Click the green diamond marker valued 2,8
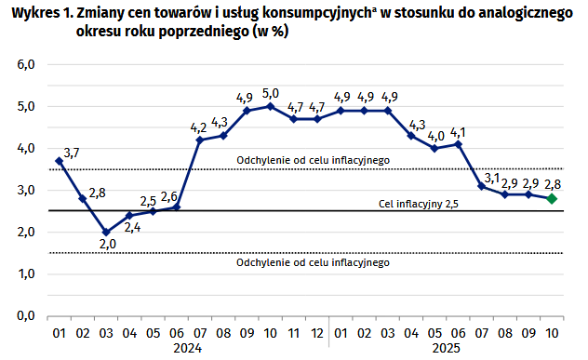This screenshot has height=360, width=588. tap(552, 198)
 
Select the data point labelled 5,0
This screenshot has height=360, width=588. tap(270, 106)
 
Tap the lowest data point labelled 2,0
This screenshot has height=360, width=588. tap(106, 232)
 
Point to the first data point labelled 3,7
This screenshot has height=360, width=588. tap(59, 161)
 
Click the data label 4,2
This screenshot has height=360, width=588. tap(198, 127)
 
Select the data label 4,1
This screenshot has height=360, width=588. tap(458, 130)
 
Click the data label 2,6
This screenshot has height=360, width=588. tap(168, 196)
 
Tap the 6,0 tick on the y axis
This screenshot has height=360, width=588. tap(24, 64)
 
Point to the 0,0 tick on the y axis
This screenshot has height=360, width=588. tap(24, 316)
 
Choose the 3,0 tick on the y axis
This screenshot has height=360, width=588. tap(24, 190)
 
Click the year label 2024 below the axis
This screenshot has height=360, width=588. tap(187, 349)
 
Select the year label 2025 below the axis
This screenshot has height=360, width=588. tap(445, 349)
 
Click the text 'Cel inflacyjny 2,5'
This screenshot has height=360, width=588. tap(419, 203)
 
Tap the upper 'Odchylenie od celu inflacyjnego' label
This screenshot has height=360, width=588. tap(313, 160)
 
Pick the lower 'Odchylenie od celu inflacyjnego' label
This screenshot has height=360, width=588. tap(313, 263)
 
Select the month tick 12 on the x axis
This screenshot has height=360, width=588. tap(317, 331)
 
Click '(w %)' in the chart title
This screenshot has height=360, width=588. tap(265, 32)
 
